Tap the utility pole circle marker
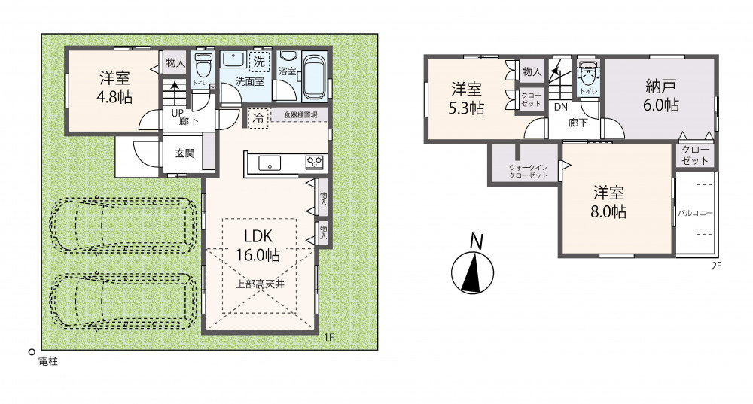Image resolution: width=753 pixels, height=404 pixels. [x=32, y=351]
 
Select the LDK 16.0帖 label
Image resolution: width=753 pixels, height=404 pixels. [x=258, y=246]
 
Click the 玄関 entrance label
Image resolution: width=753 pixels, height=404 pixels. [x=184, y=153]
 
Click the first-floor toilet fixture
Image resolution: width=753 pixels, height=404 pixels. [x=203, y=66]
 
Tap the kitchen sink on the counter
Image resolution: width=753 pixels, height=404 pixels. [x=270, y=163]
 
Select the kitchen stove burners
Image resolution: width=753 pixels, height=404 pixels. [x=315, y=163]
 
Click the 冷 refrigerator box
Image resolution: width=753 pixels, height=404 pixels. [x=258, y=118]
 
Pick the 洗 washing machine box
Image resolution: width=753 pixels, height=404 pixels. [x=259, y=62]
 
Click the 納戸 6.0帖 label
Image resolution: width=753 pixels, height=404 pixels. [x=661, y=96]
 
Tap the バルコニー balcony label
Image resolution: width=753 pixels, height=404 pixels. [x=695, y=213]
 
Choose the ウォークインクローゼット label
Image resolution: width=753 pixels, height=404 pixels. [x=529, y=172]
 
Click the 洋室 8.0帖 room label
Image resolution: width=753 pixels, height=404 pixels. [x=608, y=202]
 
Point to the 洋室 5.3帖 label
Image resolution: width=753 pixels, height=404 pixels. [x=466, y=99]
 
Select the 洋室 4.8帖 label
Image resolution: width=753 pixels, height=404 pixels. [x=114, y=87]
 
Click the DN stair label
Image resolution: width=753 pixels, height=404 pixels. [x=561, y=108]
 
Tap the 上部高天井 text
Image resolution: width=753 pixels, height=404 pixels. [x=260, y=284]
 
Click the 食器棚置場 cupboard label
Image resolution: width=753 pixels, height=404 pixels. [x=300, y=115]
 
